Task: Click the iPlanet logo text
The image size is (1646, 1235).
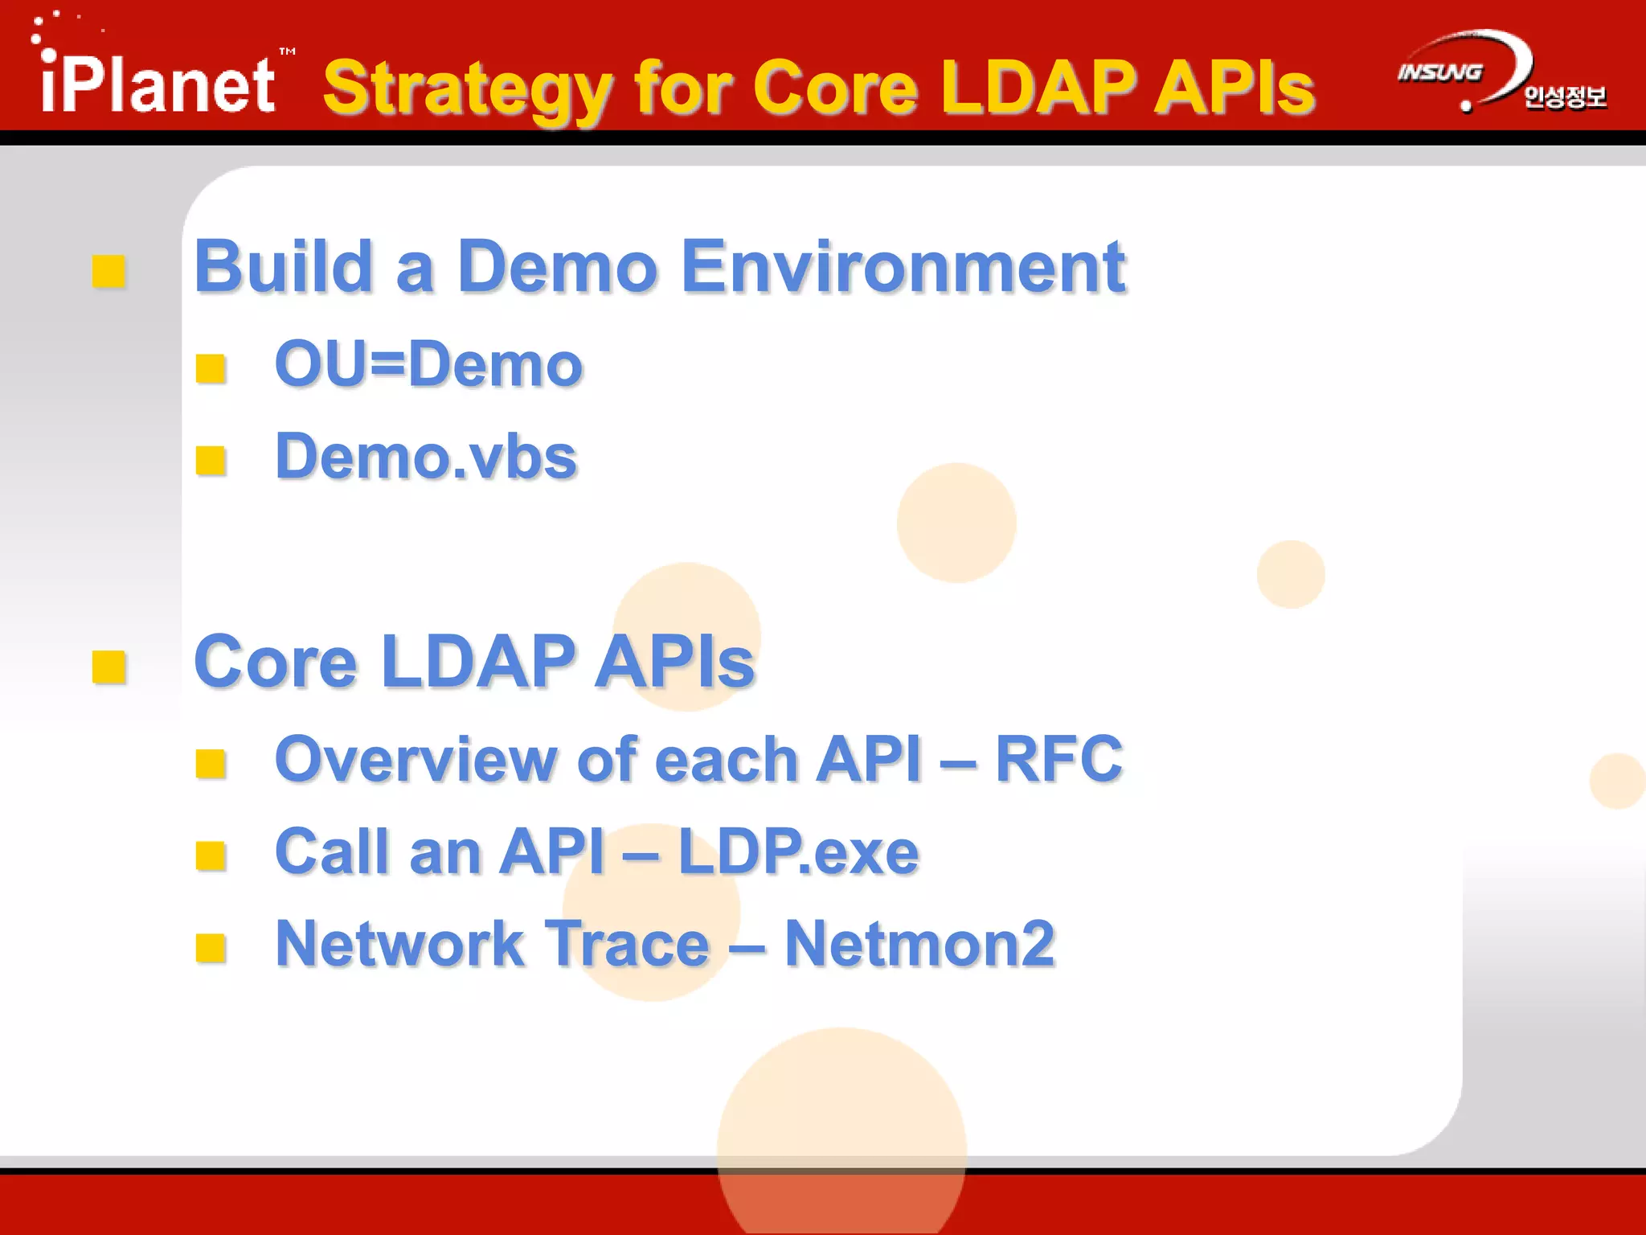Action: [158, 84]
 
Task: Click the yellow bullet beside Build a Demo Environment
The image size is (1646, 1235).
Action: [109, 271]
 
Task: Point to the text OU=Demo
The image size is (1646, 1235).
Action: [428, 364]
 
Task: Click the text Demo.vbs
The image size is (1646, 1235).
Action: [426, 457]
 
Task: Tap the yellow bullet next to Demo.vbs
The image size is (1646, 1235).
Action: [211, 461]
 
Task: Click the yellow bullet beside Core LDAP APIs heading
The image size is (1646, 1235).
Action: [109, 667]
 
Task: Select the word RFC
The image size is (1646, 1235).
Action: [1058, 759]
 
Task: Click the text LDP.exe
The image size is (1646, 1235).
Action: [798, 851]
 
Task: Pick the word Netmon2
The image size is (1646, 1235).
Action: [919, 944]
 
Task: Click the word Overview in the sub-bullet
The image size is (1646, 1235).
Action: [416, 759]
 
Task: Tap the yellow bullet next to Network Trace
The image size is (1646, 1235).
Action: [211, 948]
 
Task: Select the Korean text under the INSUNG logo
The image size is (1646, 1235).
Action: [1564, 98]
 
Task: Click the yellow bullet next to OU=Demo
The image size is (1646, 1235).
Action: [211, 368]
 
